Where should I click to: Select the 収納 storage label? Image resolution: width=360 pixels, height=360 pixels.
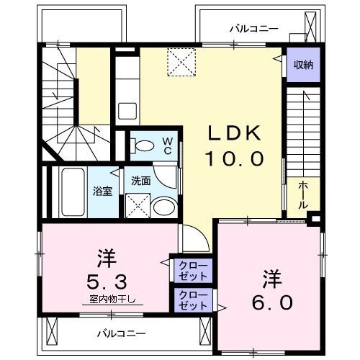(x=302, y=65)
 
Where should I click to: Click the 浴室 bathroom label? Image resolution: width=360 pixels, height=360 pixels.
(x=102, y=192)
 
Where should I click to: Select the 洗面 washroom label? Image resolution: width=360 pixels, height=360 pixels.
(x=140, y=181)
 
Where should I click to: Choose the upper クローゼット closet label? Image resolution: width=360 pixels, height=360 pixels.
(x=192, y=271)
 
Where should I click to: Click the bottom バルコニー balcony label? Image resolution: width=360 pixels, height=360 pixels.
(x=122, y=333)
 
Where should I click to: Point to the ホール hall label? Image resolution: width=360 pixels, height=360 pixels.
(x=303, y=194)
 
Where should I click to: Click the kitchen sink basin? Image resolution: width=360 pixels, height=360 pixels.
(x=127, y=112)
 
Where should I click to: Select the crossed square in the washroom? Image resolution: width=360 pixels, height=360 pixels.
(x=135, y=207)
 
